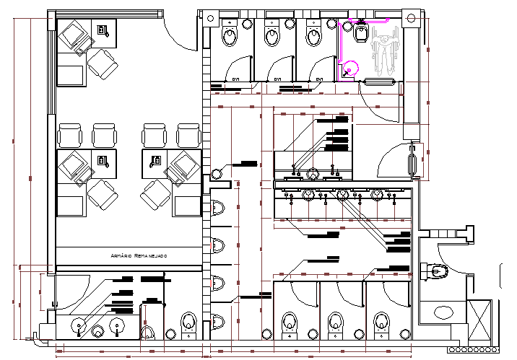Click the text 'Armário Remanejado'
(139, 256)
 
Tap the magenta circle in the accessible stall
(350, 69)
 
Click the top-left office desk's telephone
(103, 30)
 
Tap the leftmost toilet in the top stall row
(230, 33)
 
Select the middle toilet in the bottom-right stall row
(334, 322)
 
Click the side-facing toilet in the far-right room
(437, 271)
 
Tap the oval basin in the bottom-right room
(443, 311)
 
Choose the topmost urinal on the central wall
(218, 208)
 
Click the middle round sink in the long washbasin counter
(342, 194)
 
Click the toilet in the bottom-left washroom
(188, 322)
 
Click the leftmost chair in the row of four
(70, 135)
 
